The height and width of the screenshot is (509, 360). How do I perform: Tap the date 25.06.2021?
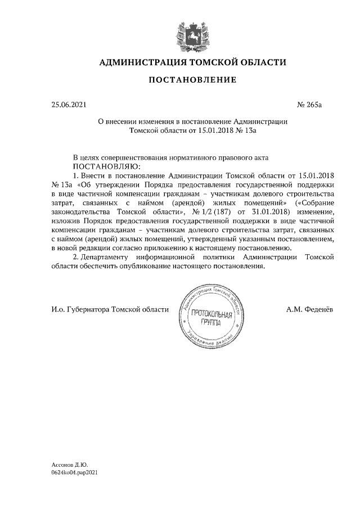point(67,105)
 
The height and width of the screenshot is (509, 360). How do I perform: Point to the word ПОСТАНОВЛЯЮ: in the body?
point(105,167)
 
